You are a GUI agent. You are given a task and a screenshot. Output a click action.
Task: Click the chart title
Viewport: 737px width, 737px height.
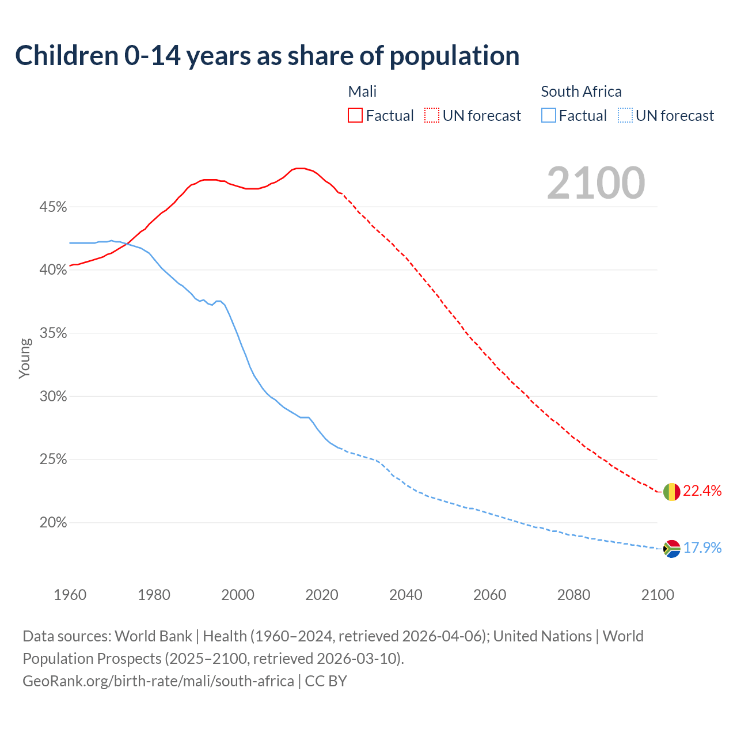[267, 56]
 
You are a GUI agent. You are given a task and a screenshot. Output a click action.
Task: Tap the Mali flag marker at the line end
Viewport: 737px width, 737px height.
[671, 492]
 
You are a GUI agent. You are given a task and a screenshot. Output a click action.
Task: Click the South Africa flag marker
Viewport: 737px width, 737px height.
[671, 549]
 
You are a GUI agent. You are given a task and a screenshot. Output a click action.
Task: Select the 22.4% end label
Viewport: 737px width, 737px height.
[702, 491]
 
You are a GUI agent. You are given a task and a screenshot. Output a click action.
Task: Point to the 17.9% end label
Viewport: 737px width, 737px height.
[702, 548]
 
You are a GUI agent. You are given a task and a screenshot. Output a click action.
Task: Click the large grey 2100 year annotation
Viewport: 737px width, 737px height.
[596, 183]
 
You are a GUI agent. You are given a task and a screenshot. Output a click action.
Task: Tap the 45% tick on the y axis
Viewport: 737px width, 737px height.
[53, 207]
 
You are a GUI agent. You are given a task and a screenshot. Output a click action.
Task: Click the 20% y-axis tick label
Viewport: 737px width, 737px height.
[53, 523]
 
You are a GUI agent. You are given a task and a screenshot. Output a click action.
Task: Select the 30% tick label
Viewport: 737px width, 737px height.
[53, 397]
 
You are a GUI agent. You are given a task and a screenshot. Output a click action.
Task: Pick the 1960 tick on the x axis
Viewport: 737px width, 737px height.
[70, 595]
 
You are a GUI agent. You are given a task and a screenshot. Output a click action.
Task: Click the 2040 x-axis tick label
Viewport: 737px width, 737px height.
[405, 595]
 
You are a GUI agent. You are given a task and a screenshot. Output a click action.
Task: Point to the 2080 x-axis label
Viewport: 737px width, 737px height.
[573, 595]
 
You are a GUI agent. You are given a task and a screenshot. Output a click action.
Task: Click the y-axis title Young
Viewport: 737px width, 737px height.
[24, 358]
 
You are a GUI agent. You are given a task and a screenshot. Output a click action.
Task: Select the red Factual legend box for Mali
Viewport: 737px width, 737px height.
[355, 116]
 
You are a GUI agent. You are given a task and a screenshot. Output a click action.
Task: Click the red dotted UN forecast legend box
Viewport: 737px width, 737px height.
[432, 116]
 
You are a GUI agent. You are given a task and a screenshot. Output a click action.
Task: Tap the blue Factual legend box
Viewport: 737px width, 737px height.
[549, 116]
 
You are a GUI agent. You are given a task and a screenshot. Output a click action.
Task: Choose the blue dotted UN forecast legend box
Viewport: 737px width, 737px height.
[625, 116]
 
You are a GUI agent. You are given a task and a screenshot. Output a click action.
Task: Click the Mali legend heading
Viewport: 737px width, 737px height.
[362, 92]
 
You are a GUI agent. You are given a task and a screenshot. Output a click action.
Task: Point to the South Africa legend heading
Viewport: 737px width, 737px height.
[581, 92]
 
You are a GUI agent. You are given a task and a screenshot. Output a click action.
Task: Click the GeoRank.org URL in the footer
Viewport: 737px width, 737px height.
[158, 681]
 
